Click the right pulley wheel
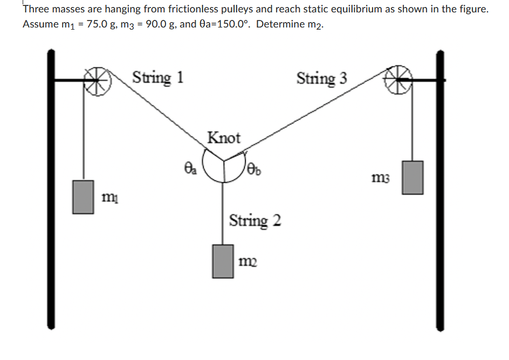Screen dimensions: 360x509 tap(397, 81)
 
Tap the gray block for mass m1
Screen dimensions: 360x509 tap(84, 197)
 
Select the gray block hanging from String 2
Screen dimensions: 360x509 tap(223, 261)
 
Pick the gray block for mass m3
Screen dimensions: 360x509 tap(412, 177)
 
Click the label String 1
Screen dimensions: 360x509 tap(158, 77)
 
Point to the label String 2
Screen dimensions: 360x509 tap(255, 220)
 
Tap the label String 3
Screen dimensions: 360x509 tap(322, 79)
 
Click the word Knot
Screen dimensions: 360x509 tap(224, 138)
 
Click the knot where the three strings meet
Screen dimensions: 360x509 tap(223, 160)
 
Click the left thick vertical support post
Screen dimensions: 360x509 tap(51, 189)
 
